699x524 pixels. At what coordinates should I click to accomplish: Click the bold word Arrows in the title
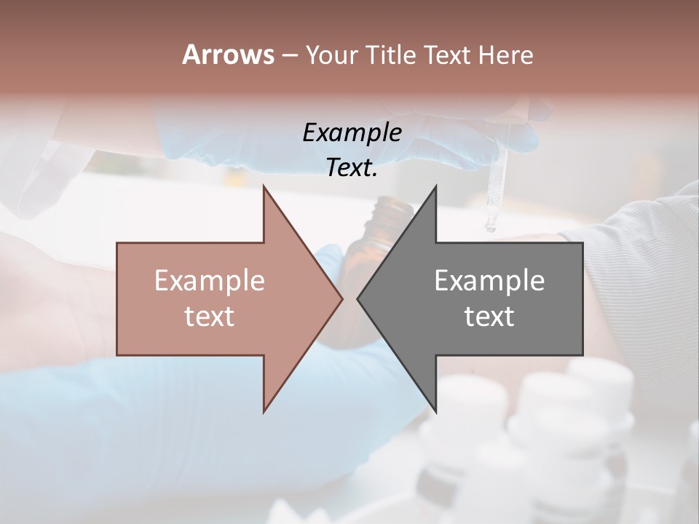coord(228,55)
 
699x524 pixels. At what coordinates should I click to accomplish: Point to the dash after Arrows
coord(289,56)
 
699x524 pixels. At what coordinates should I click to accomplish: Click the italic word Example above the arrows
coord(352,133)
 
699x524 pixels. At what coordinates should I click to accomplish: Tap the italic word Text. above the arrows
coord(352,168)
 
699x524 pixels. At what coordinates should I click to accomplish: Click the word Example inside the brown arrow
coord(209,281)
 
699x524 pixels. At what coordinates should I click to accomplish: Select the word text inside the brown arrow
coord(209,317)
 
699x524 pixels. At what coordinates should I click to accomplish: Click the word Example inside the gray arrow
coord(489,281)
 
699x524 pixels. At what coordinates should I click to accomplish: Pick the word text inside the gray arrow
coord(489,317)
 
